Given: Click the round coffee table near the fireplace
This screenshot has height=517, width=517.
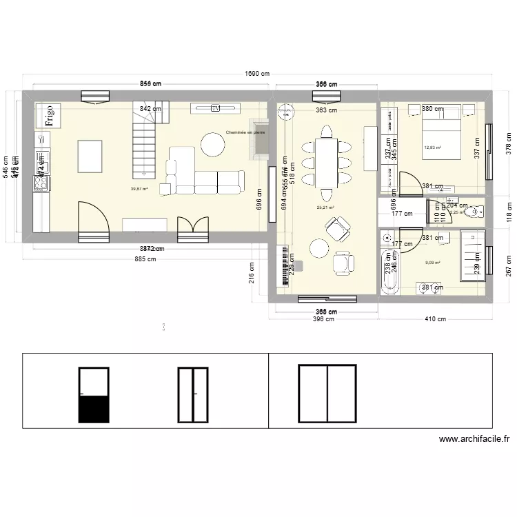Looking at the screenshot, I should [213, 143].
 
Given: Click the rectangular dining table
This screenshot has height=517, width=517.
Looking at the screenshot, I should [327, 163].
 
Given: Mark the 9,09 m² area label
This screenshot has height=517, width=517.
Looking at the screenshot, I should [433, 263].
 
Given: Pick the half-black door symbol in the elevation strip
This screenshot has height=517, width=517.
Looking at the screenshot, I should [94, 395].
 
